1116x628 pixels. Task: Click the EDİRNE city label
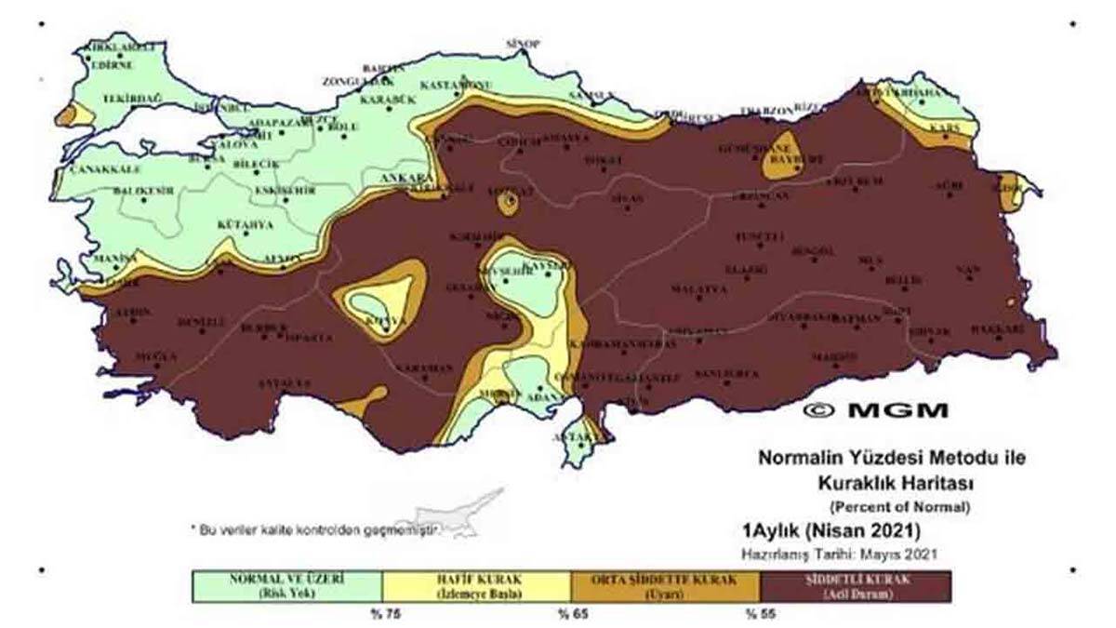tap(112, 65)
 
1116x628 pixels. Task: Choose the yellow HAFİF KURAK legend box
tap(476, 586)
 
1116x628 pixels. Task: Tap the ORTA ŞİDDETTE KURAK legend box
tap(666, 586)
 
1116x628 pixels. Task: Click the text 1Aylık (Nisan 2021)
tap(830, 532)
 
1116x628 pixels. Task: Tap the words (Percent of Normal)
tap(899, 507)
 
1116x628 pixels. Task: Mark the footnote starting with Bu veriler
tap(316, 528)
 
